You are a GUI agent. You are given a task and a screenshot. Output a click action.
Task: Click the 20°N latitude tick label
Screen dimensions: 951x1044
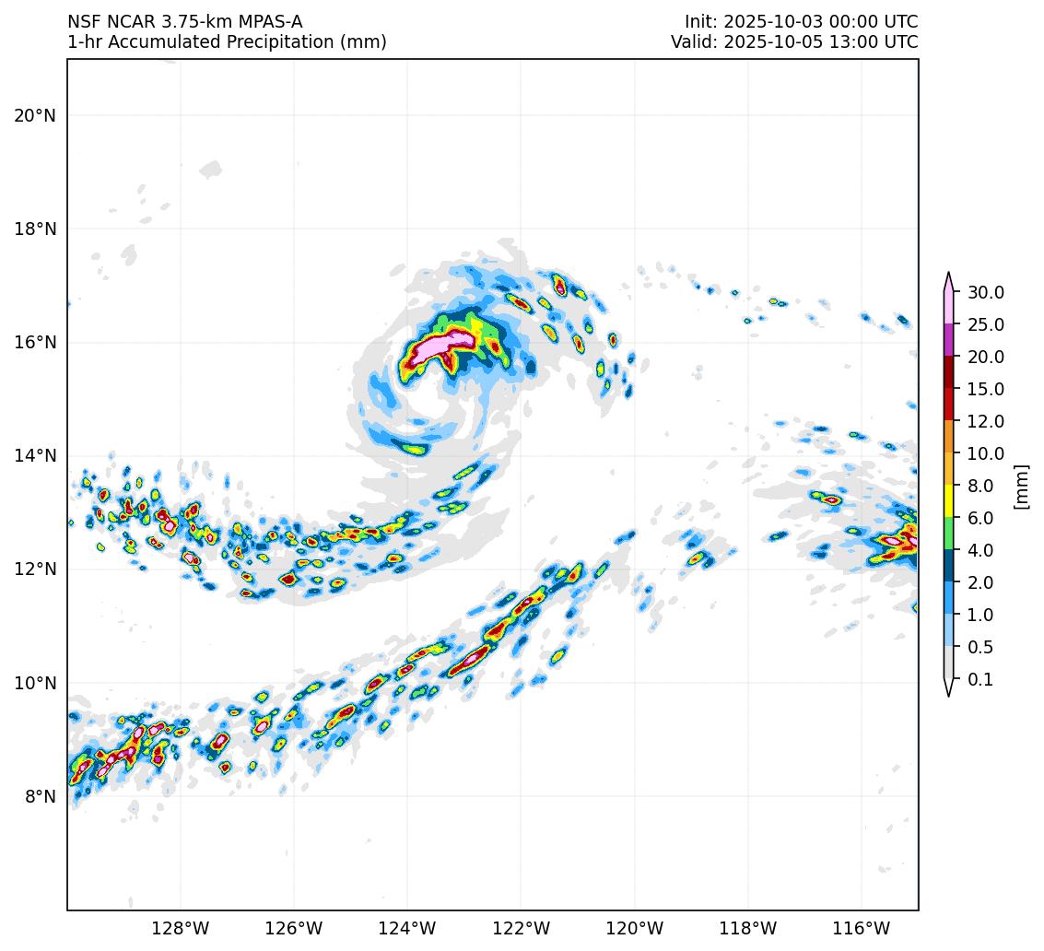point(35,115)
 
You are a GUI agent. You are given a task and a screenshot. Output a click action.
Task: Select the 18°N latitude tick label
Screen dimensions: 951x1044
point(35,229)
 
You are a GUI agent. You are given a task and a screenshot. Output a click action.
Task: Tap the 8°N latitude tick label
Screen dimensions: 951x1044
point(41,796)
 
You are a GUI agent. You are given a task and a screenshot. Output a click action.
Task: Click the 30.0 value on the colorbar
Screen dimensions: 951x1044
point(985,292)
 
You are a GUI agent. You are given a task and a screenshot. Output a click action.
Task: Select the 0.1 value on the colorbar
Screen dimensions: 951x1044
point(979,679)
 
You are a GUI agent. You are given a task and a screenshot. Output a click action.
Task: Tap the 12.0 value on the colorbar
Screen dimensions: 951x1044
point(985,421)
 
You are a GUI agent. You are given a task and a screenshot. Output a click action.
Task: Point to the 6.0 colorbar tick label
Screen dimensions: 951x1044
point(979,518)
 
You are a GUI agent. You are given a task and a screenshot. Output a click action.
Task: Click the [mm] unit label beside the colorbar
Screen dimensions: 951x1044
point(1021,486)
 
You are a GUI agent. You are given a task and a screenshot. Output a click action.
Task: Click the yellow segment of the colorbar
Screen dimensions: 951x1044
point(948,501)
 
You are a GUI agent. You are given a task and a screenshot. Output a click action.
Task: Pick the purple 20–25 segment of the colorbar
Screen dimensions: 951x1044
point(948,340)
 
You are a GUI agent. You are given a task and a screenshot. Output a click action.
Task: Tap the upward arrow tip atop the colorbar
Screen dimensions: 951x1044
point(948,275)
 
